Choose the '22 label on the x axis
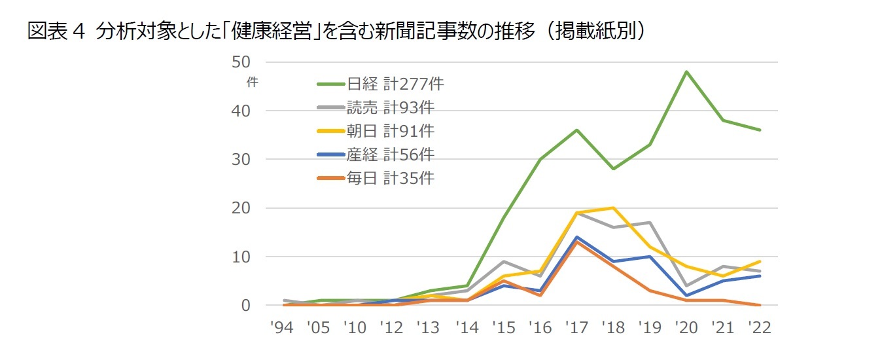click(x=759, y=327)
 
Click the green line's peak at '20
click(x=686, y=71)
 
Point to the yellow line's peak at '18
click(x=613, y=208)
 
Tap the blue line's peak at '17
click(x=576, y=237)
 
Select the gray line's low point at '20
click(x=686, y=286)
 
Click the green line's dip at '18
click(x=613, y=169)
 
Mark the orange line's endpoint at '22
click(x=759, y=305)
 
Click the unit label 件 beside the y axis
click(x=252, y=82)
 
